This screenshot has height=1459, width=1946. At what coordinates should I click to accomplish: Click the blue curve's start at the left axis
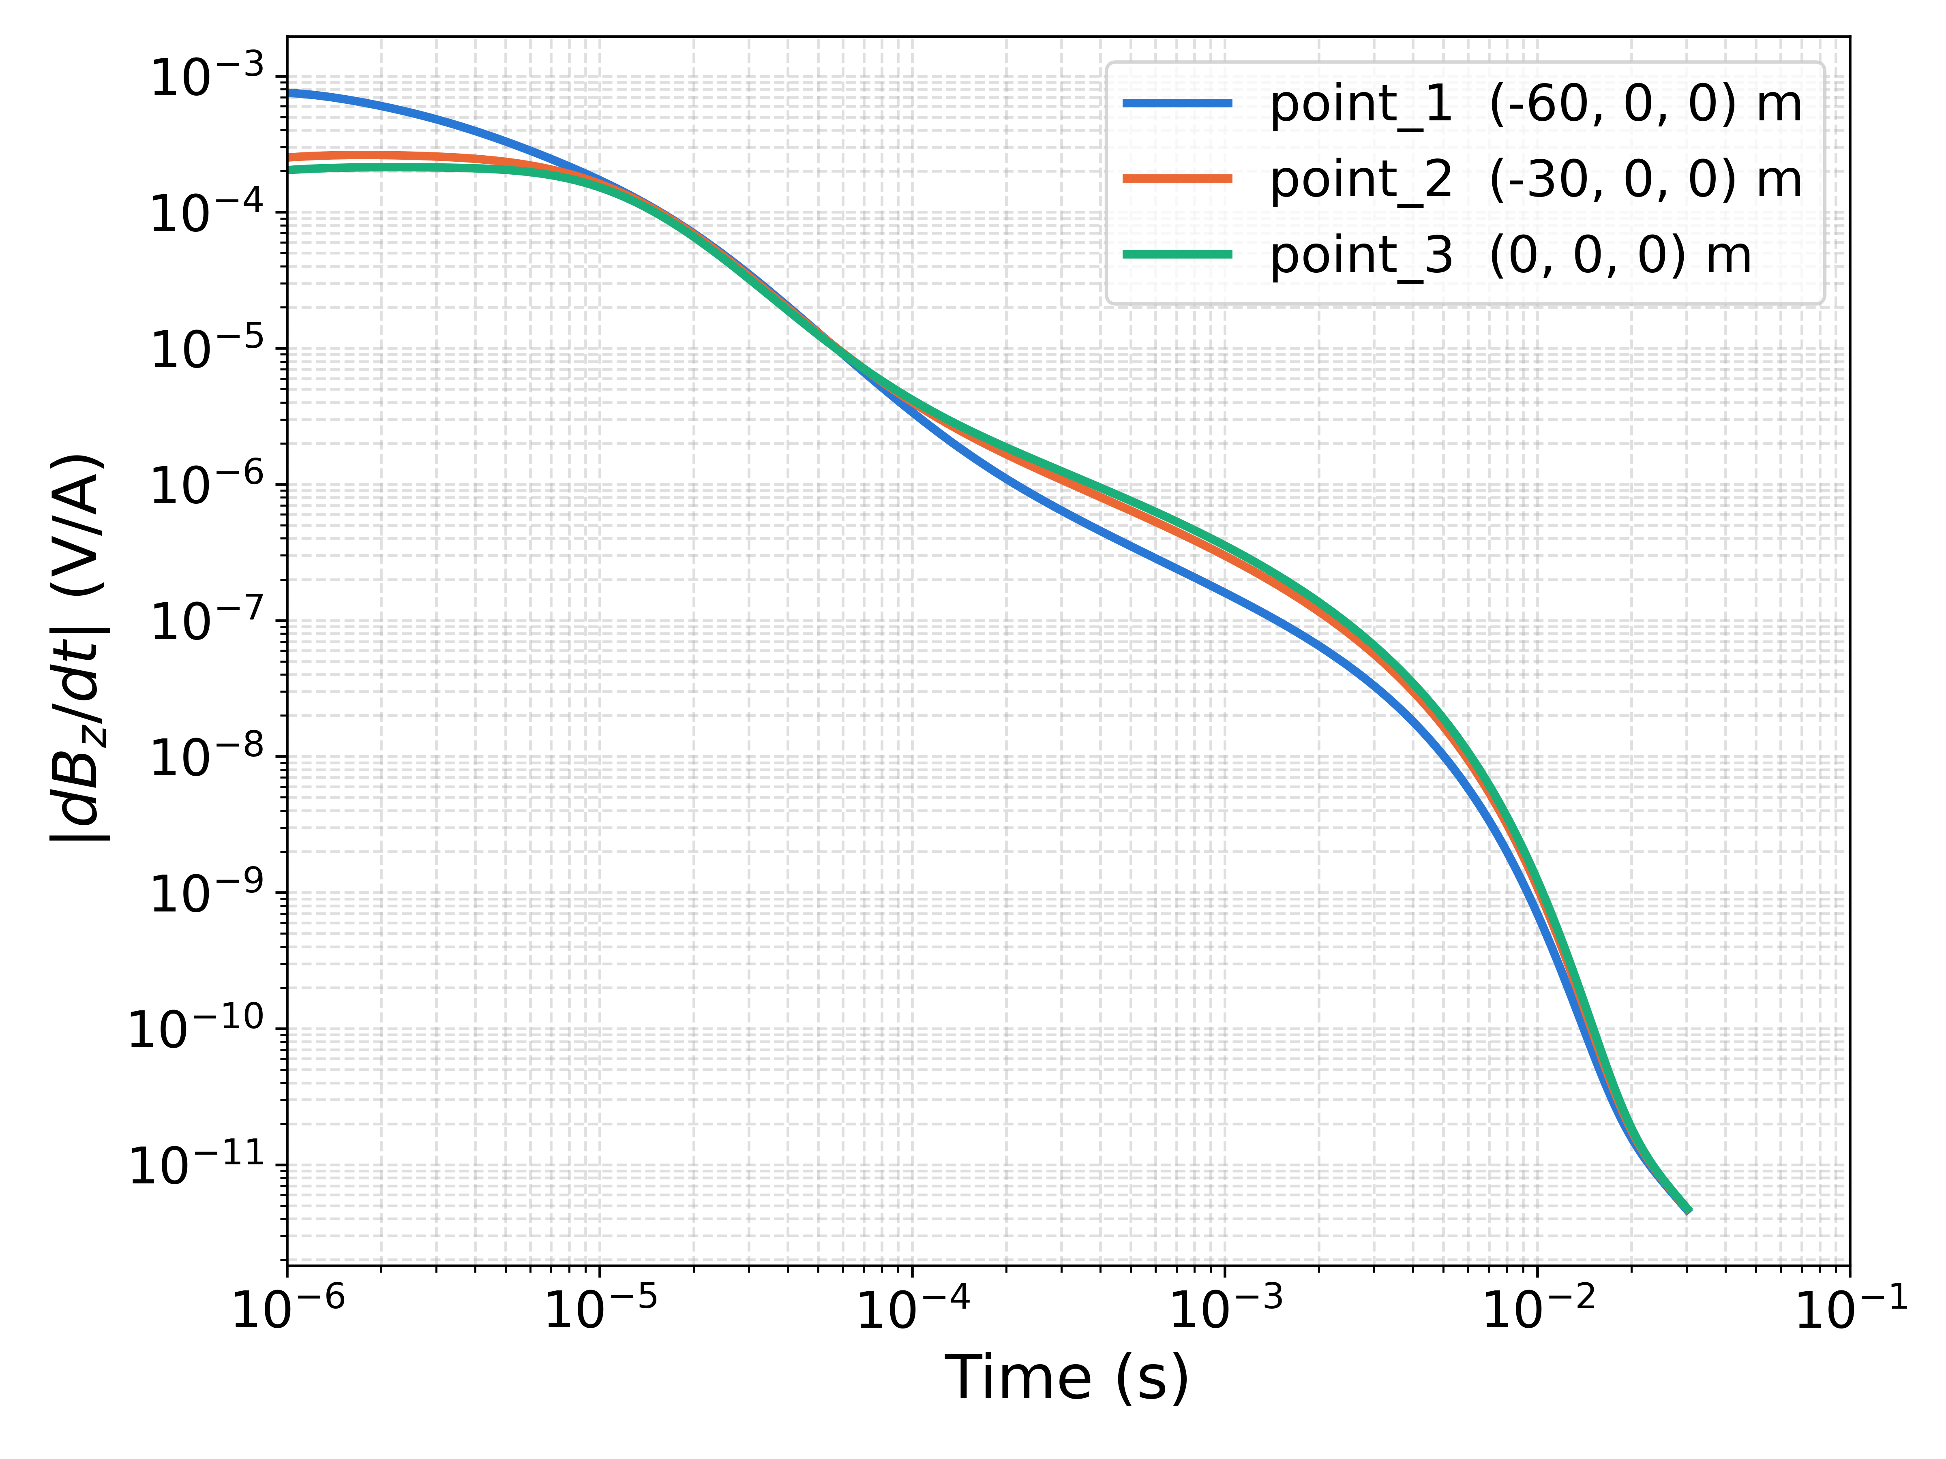click(x=289, y=92)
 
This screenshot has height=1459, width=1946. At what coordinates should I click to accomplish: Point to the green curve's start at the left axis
click(x=289, y=169)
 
